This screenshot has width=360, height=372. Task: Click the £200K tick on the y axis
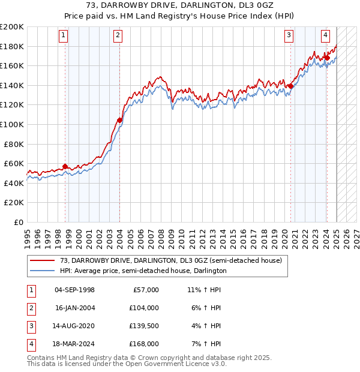11,27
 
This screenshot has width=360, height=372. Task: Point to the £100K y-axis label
11,124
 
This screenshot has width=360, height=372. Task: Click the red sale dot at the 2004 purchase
119,120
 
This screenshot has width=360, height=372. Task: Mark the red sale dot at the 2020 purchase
290,86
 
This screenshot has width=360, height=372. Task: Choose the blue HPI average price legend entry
143,271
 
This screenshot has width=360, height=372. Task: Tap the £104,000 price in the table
144,308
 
